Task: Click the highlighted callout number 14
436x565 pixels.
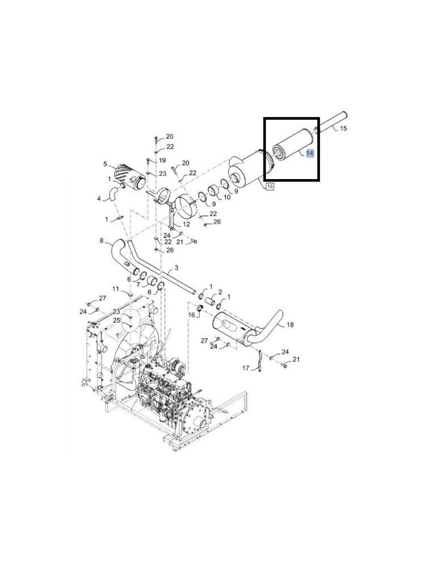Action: pyautogui.click(x=310, y=153)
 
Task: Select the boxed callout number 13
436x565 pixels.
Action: pyautogui.click(x=269, y=186)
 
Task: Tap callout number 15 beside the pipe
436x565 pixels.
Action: pyautogui.click(x=343, y=128)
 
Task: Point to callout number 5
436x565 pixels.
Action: pyautogui.click(x=105, y=164)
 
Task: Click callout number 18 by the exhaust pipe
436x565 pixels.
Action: pyautogui.click(x=290, y=325)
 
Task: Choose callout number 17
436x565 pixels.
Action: pyautogui.click(x=245, y=368)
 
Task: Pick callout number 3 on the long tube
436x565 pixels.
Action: pyautogui.click(x=176, y=267)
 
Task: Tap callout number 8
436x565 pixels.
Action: pyautogui.click(x=101, y=240)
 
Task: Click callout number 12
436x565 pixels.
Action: pyautogui.click(x=186, y=224)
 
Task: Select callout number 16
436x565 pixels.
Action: pyautogui.click(x=192, y=315)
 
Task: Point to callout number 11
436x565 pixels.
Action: pyautogui.click(x=115, y=289)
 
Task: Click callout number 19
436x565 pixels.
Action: pyautogui.click(x=162, y=160)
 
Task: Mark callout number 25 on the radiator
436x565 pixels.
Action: pyautogui.click(x=116, y=320)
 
